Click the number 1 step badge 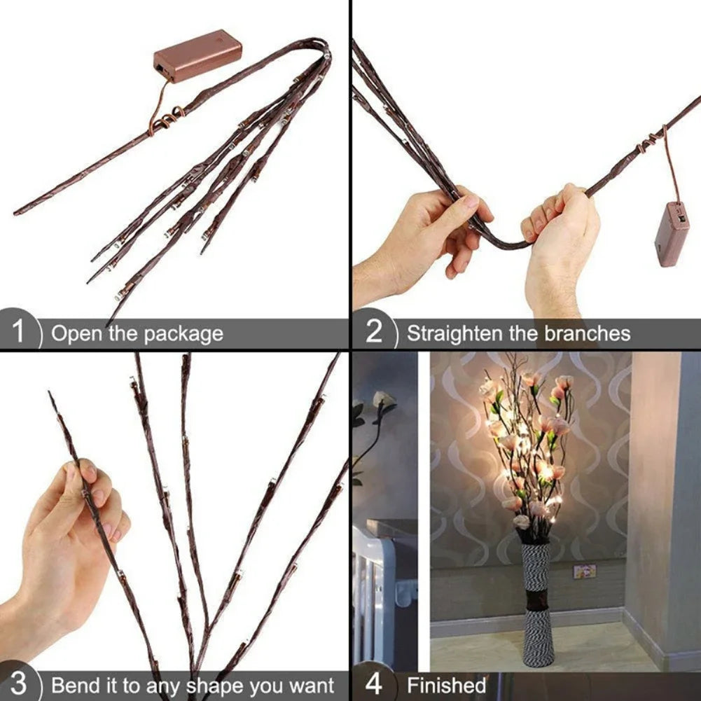tap(18, 331)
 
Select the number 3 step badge tap(19, 683)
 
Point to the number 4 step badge tap(373, 683)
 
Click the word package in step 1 tap(183, 334)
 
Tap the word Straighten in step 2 tap(456, 333)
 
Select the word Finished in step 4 tap(447, 685)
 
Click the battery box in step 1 tap(197, 55)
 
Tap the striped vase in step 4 tap(538, 602)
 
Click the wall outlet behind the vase tap(584, 571)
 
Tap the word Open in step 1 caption tap(76, 334)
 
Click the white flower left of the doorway tap(382, 401)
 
